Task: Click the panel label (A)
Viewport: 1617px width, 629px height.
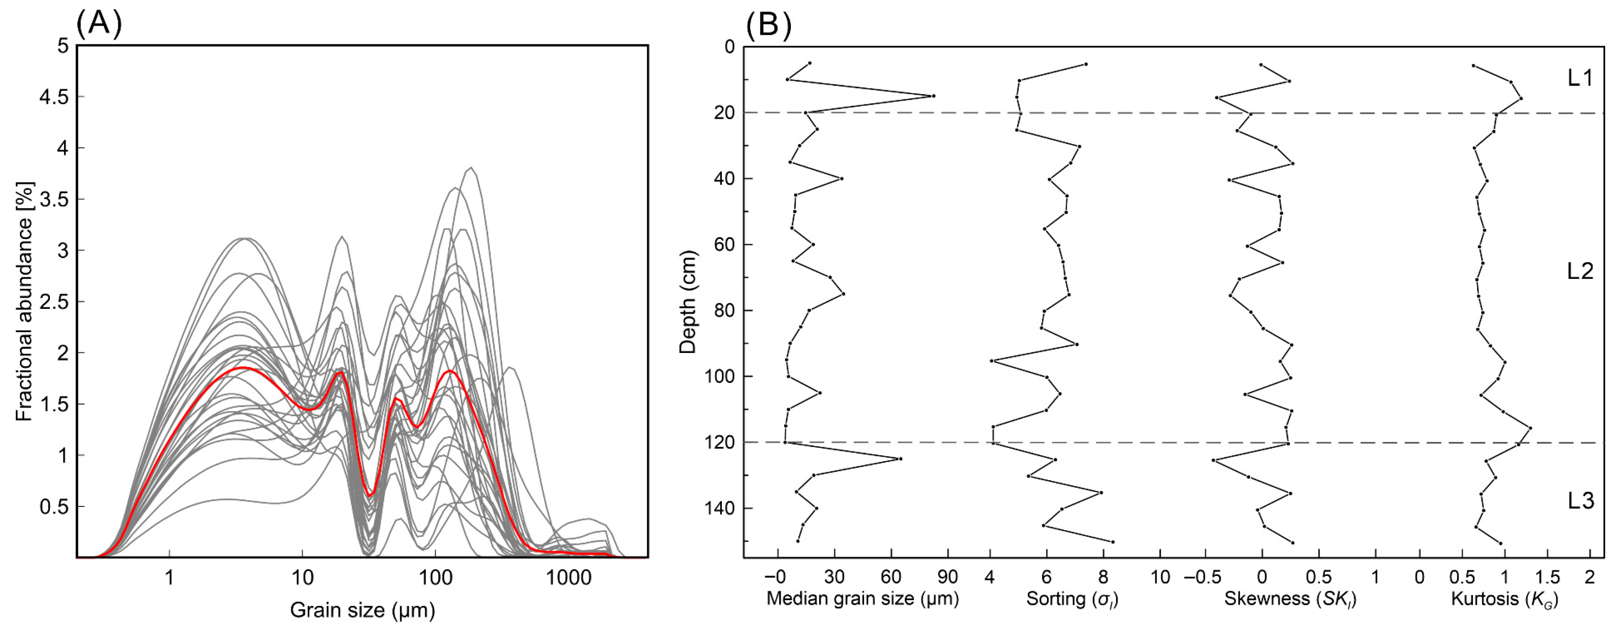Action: (98, 24)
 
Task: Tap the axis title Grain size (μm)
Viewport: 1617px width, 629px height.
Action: (362, 609)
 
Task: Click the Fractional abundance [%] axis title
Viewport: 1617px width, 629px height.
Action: (25, 301)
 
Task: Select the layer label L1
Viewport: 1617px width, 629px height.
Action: (1580, 78)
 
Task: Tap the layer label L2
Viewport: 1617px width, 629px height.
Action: (1580, 271)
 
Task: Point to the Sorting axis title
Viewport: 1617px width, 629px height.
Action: (1072, 599)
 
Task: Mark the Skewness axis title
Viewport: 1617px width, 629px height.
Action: (1290, 599)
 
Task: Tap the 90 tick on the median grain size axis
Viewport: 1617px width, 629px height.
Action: (948, 576)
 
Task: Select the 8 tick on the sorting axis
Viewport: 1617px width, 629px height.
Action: (1104, 576)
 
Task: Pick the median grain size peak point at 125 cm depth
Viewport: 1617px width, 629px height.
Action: (901, 459)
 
